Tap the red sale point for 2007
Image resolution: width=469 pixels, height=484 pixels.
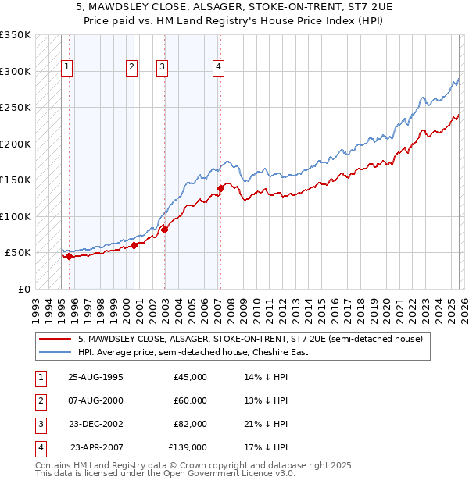(x=220, y=188)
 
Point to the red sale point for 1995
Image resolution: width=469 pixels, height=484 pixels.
(x=70, y=256)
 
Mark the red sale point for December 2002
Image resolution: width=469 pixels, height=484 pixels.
(x=165, y=230)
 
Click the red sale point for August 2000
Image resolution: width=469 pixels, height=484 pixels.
(x=134, y=245)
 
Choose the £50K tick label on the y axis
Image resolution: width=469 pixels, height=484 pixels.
(x=17, y=253)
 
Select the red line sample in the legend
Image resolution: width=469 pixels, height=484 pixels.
(x=55, y=339)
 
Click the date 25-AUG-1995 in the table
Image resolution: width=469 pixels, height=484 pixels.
(x=95, y=377)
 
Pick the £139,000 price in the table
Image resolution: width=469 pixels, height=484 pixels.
(x=188, y=448)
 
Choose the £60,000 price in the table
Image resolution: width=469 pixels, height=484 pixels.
(x=190, y=400)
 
